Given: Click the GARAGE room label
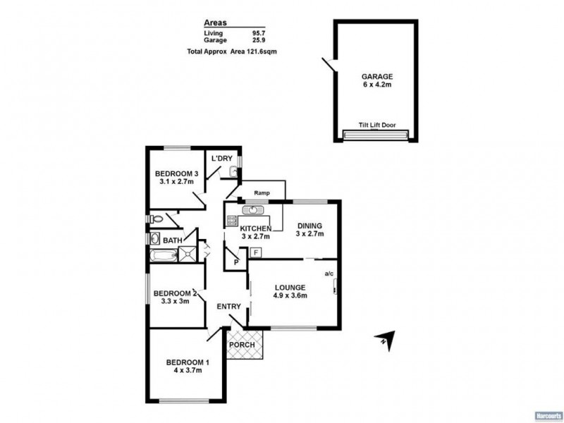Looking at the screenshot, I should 377,76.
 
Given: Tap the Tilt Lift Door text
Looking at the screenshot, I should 377,125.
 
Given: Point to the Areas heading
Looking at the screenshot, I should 215,23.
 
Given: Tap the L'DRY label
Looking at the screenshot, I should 222,158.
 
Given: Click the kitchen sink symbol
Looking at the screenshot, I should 251,210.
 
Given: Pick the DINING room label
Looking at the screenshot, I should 309,226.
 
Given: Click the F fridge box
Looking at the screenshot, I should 256,252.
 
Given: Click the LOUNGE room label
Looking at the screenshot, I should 290,287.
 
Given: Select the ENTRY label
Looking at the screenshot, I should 229,306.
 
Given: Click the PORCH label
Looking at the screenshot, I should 242,344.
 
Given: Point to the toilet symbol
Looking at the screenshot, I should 156,220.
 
